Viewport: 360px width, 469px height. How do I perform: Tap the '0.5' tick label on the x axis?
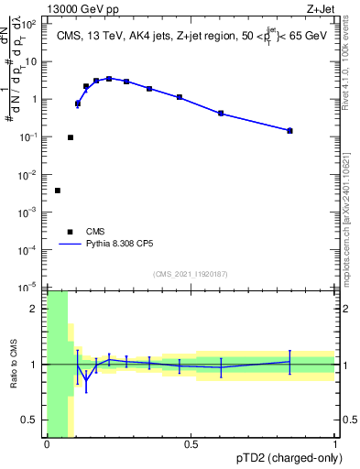coord(191,445)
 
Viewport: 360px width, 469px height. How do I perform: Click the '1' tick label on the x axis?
coord(334,445)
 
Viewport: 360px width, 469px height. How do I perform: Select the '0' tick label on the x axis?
coord(47,445)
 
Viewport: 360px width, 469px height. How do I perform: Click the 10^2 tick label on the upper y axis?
coord(29,25)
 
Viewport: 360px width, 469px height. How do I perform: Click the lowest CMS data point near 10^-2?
coord(58,191)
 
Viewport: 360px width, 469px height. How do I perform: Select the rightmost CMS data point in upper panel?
coord(289,131)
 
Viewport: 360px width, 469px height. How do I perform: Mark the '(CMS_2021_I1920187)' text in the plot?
coord(191,274)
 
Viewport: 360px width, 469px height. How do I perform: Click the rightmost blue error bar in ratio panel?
coord(289,362)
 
